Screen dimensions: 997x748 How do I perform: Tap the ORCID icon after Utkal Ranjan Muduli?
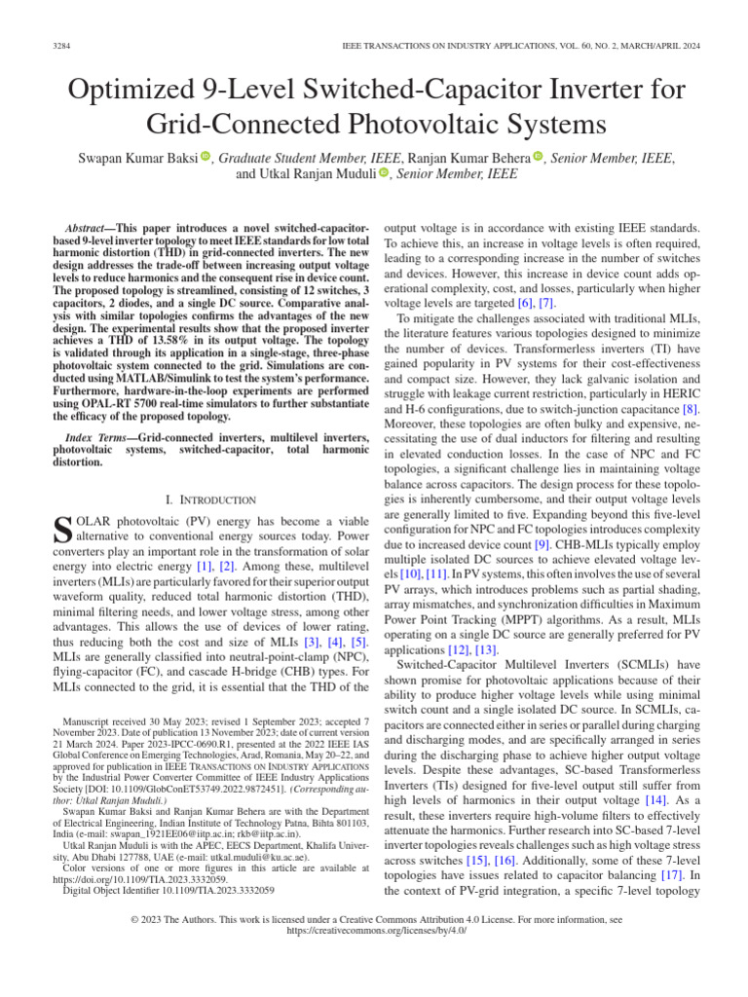pos(384,173)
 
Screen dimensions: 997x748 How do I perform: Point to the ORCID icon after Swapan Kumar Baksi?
pos(206,157)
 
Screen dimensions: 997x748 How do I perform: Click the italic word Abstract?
pos(85,226)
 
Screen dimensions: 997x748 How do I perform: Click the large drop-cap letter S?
pos(60,531)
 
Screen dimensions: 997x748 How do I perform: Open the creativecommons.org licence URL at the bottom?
pos(374,930)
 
